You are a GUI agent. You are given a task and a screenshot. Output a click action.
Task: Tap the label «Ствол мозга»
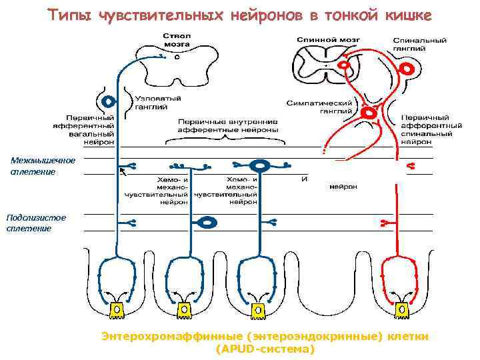point(173,38)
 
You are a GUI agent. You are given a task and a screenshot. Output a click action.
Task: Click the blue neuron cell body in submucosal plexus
point(208,221)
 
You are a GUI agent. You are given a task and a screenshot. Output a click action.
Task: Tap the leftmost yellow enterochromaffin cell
point(116,310)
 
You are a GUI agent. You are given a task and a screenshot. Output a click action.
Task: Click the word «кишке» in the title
point(409,14)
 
